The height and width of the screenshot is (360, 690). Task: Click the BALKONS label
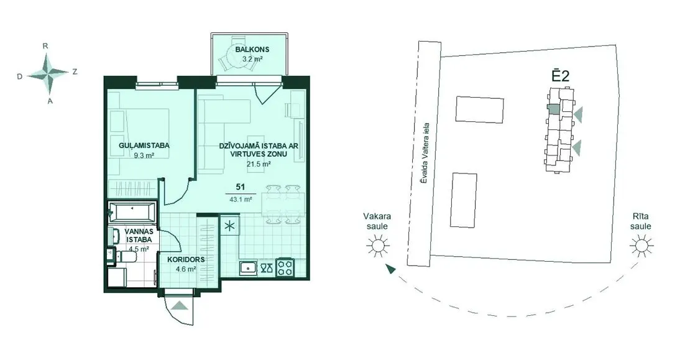(252, 49)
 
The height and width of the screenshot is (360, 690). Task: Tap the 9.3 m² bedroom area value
(144, 155)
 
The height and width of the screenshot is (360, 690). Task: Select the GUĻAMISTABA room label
(144, 145)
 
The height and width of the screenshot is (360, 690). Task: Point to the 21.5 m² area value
(259, 164)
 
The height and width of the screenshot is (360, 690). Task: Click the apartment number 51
(241, 187)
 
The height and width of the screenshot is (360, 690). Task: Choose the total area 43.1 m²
(241, 199)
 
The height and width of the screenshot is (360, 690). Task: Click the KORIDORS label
(186, 260)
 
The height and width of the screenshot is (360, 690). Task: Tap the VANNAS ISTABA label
(139, 236)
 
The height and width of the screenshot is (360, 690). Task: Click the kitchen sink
(248, 267)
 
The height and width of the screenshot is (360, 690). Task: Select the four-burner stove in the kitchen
(285, 267)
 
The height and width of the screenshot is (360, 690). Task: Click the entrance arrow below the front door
(180, 305)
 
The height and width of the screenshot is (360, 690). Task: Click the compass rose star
(48, 73)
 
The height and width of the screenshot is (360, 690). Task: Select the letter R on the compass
(45, 46)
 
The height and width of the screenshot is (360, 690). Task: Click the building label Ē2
(561, 75)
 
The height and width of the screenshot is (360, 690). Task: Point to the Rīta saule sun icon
(641, 246)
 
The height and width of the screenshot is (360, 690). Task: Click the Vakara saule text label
(377, 221)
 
